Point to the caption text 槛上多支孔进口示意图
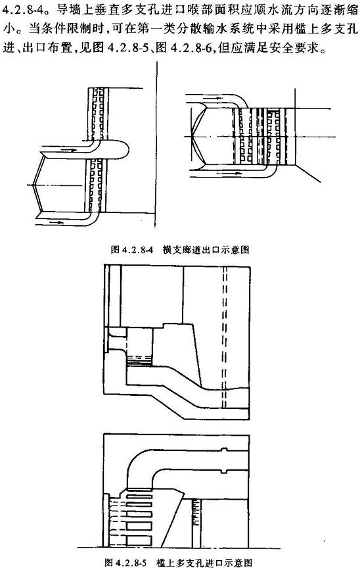[x=204, y=562]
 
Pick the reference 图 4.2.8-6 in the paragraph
[x=183, y=47]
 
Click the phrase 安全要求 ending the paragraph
[x=300, y=47]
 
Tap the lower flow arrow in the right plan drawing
[x=229, y=173]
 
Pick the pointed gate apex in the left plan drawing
[x=33, y=185]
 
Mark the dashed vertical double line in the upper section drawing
[x=224, y=339]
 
